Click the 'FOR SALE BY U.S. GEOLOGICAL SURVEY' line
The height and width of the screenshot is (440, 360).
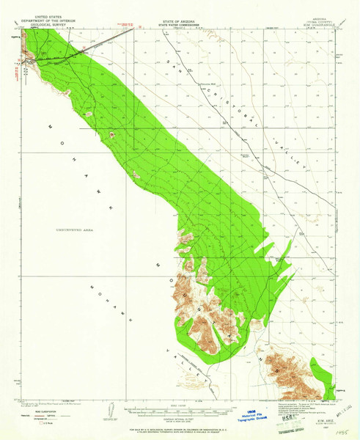tap(180, 428)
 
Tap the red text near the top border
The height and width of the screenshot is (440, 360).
tap(127, 25)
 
